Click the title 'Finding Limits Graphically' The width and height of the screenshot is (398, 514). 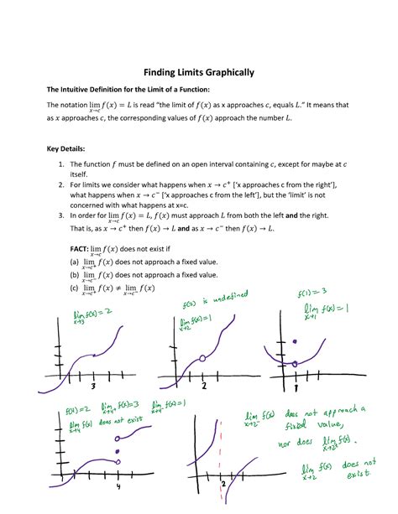[x=198, y=73]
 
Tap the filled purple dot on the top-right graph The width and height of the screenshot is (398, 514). [x=295, y=341]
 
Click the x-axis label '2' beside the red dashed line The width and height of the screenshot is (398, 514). [x=223, y=485]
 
